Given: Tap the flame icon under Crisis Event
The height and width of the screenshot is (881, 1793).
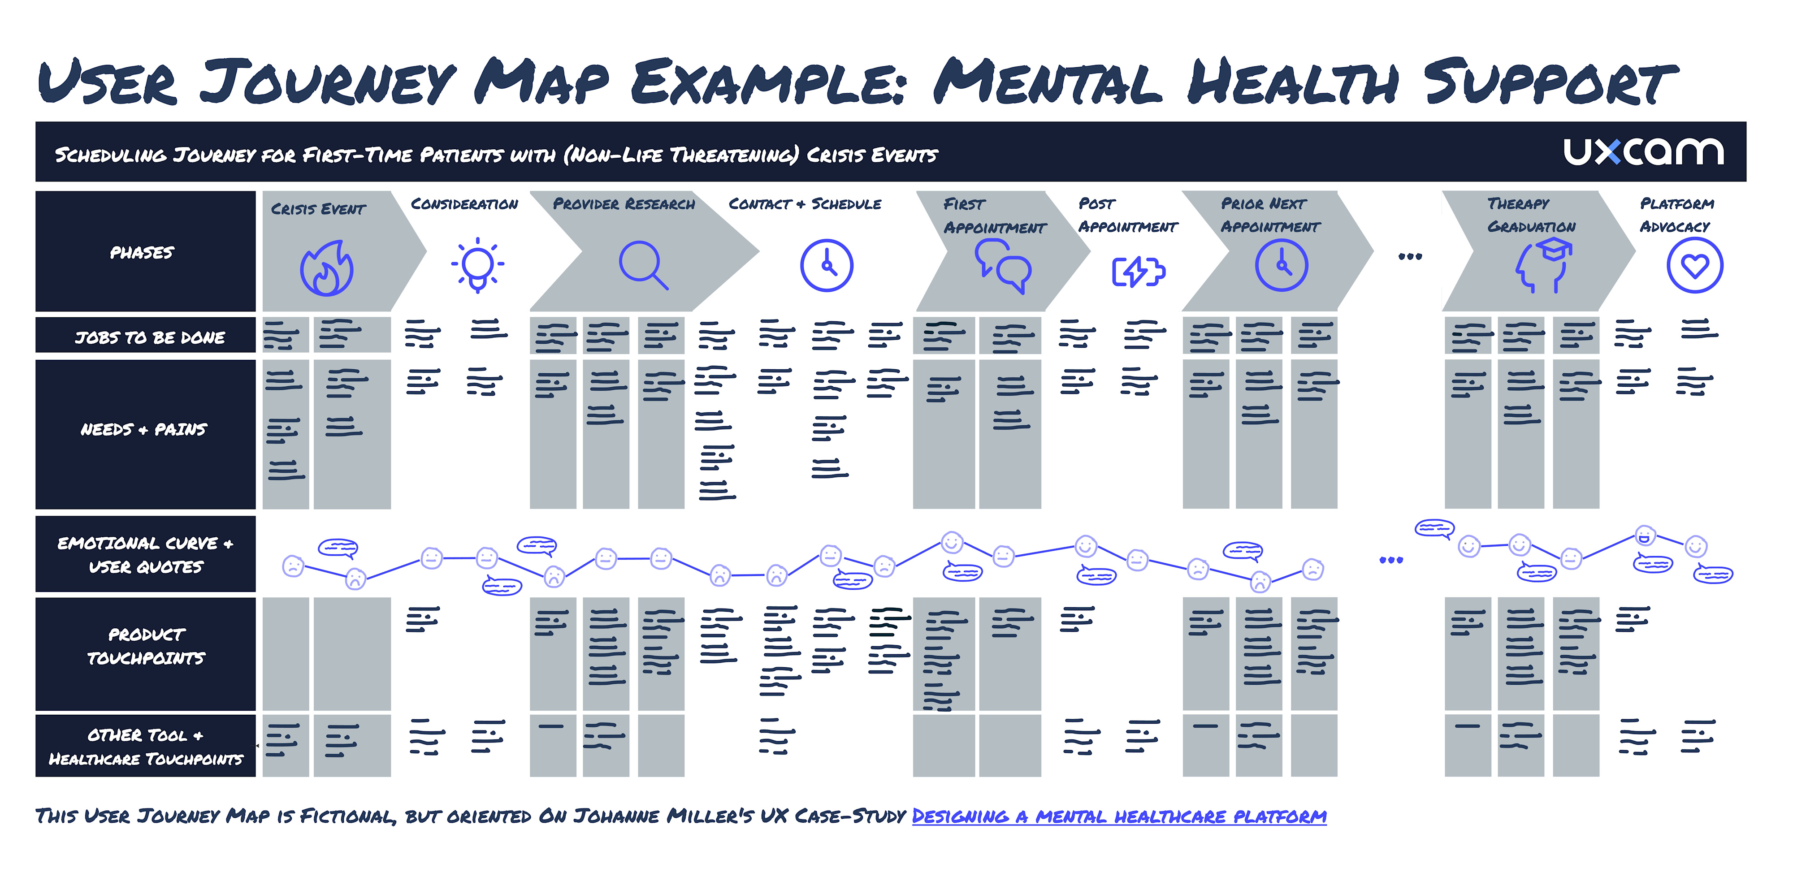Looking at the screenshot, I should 326,269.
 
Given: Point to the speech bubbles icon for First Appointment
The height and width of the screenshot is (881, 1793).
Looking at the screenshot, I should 1002,266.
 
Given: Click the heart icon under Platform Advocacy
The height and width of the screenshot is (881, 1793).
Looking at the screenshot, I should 1695,265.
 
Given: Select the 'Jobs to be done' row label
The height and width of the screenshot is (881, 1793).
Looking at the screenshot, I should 150,337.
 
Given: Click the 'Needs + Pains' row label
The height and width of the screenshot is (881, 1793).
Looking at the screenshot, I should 143,429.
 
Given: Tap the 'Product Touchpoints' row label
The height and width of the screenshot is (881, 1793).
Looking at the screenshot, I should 146,646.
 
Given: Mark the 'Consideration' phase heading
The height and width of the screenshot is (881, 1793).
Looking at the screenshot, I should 464,204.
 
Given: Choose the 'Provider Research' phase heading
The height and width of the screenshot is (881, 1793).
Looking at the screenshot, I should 624,204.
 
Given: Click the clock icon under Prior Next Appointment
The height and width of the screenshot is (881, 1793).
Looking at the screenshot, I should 1282,265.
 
